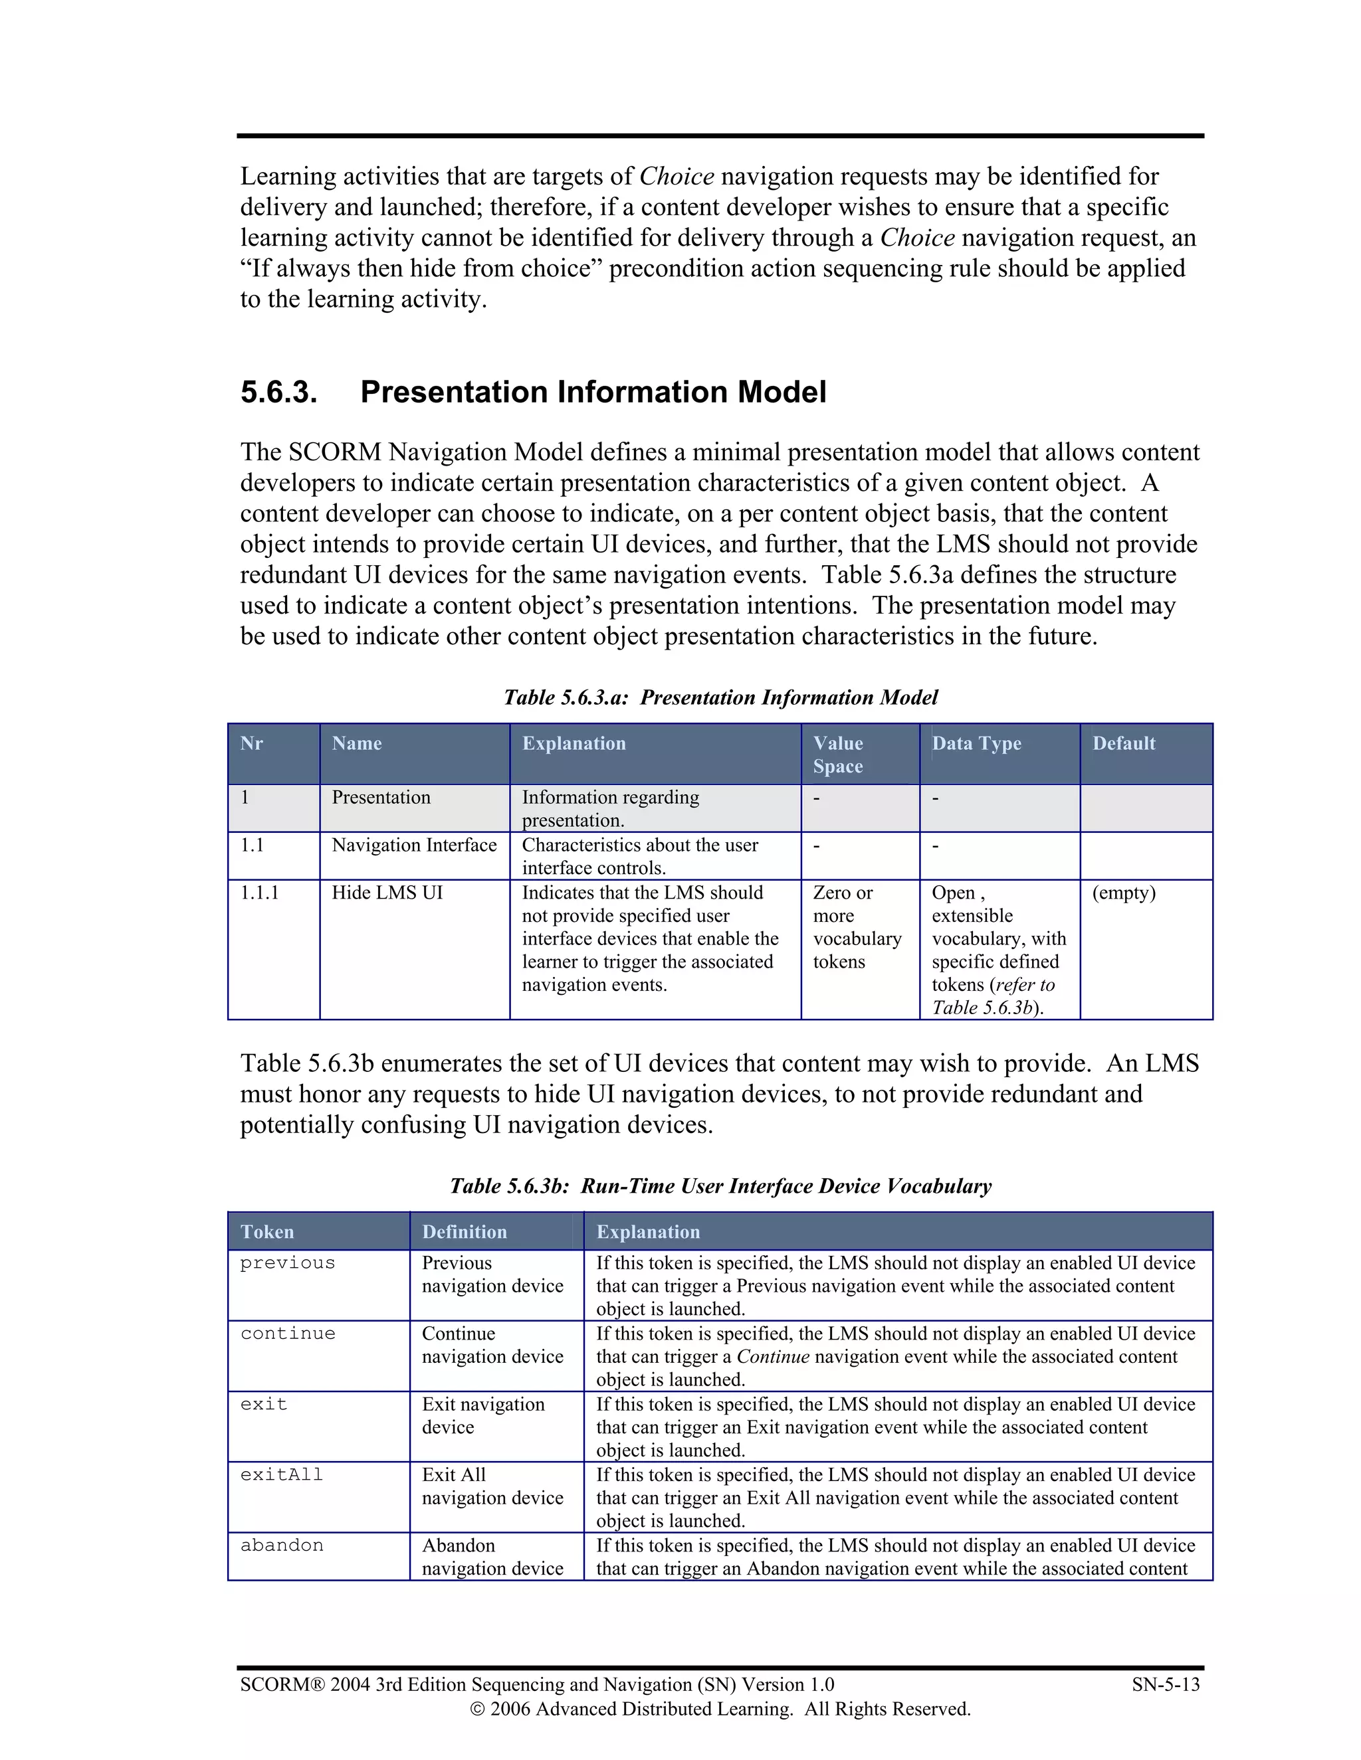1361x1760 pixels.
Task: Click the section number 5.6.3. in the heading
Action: pyautogui.click(x=278, y=393)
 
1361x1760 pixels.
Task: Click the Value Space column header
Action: pyautogui.click(x=838, y=754)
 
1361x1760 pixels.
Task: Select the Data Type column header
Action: pyautogui.click(x=976, y=743)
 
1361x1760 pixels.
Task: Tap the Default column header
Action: pyautogui.click(x=1123, y=743)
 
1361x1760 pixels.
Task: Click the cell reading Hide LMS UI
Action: pyautogui.click(x=387, y=893)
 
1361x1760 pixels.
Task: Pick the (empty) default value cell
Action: pyautogui.click(x=1123, y=893)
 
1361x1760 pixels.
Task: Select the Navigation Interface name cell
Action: pyautogui.click(x=413, y=845)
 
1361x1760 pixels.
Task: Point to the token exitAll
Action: pyautogui.click(x=281, y=1474)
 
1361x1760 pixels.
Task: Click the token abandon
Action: pyautogui.click(x=281, y=1545)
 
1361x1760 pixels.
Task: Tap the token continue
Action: pyautogui.click(x=287, y=1334)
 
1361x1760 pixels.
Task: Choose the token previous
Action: pyautogui.click(x=287, y=1263)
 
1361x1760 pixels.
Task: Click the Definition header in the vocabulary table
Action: pyautogui.click(x=465, y=1231)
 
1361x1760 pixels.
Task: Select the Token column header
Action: pyautogui.click(x=267, y=1231)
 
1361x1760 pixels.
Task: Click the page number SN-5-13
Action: pyautogui.click(x=1165, y=1684)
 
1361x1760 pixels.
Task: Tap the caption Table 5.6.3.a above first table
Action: pyautogui.click(x=720, y=697)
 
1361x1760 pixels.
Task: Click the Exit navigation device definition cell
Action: pyautogui.click(x=483, y=1415)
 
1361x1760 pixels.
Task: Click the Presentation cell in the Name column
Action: pyautogui.click(x=381, y=798)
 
